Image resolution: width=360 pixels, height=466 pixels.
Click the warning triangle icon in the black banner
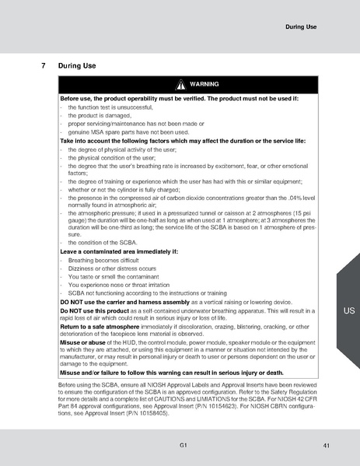point(180,84)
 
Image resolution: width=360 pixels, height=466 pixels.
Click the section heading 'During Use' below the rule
point(77,65)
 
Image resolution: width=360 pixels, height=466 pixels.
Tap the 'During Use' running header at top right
point(301,27)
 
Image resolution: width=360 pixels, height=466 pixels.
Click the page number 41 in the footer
point(324,444)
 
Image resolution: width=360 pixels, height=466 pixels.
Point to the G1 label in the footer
point(181,444)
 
